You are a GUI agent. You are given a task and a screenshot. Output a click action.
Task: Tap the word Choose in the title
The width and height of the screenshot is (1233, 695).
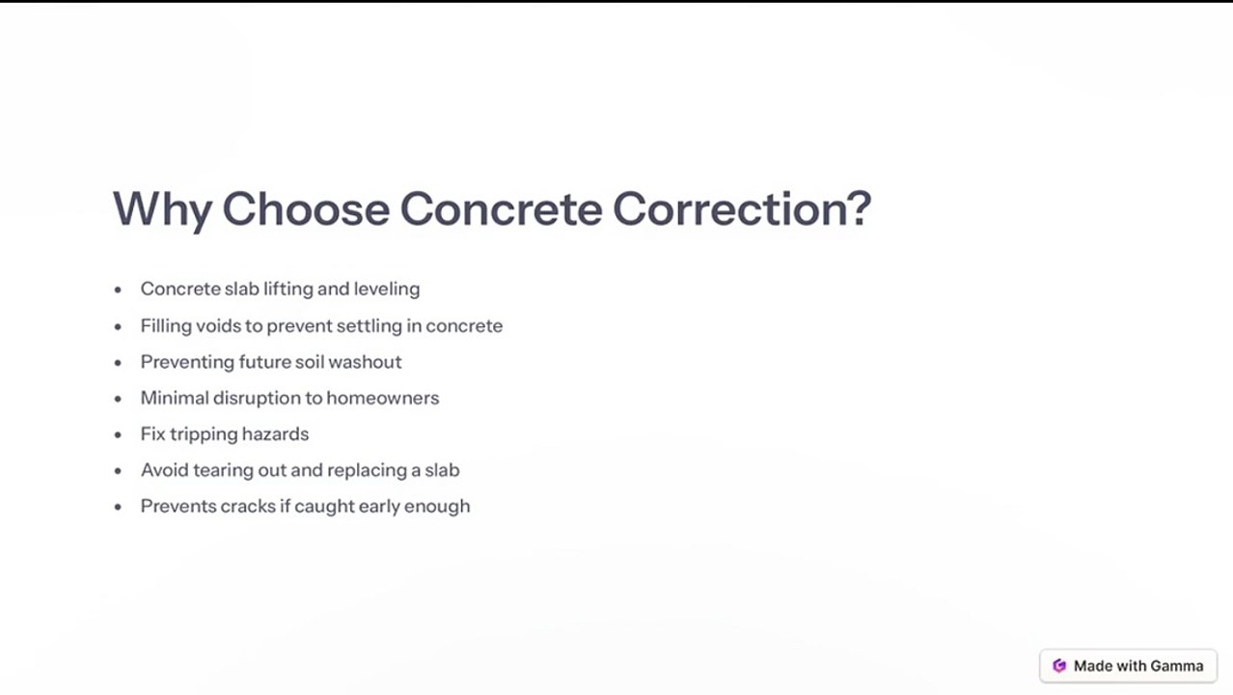click(x=306, y=209)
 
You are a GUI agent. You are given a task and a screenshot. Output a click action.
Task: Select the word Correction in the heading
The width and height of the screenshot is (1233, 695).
click(x=732, y=209)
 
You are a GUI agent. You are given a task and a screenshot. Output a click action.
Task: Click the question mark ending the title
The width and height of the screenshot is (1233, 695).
click(x=862, y=208)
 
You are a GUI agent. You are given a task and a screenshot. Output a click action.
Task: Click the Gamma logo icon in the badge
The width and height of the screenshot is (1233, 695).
click(x=1059, y=666)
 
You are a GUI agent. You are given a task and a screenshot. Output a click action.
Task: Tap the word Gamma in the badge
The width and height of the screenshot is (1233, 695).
click(x=1176, y=666)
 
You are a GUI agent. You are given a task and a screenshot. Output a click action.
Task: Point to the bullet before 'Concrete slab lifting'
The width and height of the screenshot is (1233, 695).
click(x=118, y=290)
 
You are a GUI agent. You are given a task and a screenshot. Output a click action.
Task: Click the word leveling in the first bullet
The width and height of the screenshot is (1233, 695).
click(x=387, y=289)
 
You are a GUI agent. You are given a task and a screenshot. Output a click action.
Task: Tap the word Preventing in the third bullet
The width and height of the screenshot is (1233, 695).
click(x=187, y=362)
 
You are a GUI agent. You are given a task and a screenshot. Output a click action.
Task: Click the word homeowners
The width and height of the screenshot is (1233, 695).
click(x=383, y=398)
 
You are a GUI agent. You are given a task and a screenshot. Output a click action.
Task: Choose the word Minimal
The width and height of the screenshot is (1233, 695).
click(x=175, y=398)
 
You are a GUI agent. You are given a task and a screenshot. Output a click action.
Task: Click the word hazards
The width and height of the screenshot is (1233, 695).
click(x=275, y=434)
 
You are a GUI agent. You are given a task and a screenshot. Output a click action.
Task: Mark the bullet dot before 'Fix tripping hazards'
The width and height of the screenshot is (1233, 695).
click(x=118, y=435)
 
